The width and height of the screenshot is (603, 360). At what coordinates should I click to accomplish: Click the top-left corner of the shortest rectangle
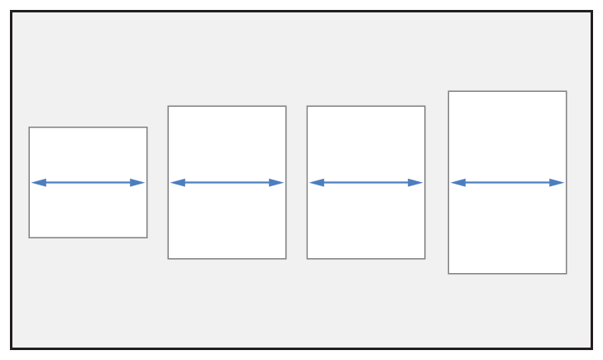29,127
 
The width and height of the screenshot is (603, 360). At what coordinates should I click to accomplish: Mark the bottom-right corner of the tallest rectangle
567,274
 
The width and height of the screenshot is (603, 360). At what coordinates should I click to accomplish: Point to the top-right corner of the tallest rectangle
567,91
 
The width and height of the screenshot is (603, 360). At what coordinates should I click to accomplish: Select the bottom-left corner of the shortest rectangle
29,238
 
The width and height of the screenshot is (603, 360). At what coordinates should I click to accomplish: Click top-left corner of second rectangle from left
168,106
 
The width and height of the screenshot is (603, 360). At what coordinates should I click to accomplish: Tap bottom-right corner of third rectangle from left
425,259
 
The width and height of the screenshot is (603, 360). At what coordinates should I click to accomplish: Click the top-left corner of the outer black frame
12,12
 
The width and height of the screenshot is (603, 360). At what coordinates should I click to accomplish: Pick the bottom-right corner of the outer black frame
591,348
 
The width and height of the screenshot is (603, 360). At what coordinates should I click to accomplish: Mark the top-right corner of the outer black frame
591,12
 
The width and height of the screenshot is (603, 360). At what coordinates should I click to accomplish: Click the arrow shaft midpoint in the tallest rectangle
507,183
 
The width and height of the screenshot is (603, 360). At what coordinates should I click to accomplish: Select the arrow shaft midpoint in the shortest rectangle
88,183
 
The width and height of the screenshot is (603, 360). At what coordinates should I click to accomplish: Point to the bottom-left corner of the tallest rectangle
448,274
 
